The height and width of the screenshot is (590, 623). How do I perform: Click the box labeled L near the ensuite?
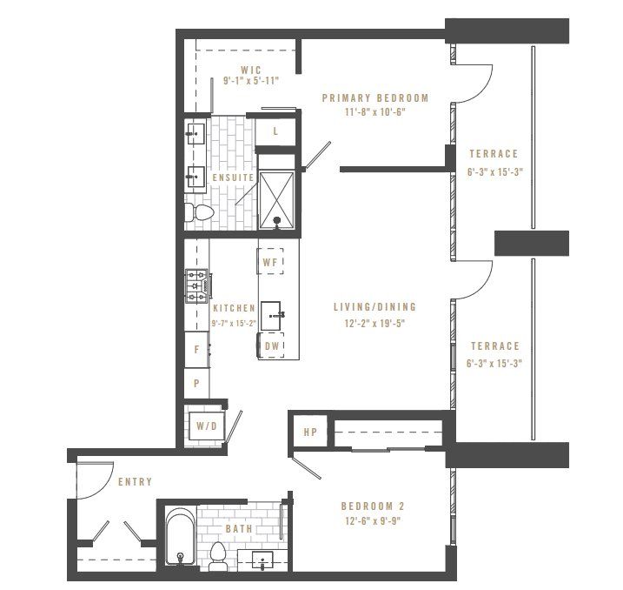tap(275, 131)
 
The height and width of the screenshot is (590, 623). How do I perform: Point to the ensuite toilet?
tap(200, 212)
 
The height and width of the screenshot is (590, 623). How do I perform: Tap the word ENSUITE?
tap(233, 178)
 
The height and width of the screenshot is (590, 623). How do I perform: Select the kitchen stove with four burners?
tap(196, 286)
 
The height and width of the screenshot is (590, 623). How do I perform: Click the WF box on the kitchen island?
tap(269, 261)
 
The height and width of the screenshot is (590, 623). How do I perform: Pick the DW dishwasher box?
tap(271, 345)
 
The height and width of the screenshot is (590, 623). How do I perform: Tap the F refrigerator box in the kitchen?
tap(196, 350)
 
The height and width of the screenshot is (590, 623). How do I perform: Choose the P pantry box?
tap(196, 382)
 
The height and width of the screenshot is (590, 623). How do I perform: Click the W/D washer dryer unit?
tap(206, 426)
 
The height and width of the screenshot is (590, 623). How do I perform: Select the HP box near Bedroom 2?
tap(308, 432)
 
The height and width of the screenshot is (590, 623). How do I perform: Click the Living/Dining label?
tap(374, 307)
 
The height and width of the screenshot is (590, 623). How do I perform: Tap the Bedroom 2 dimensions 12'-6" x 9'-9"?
tap(373, 521)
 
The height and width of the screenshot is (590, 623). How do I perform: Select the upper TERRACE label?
tap(493, 154)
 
